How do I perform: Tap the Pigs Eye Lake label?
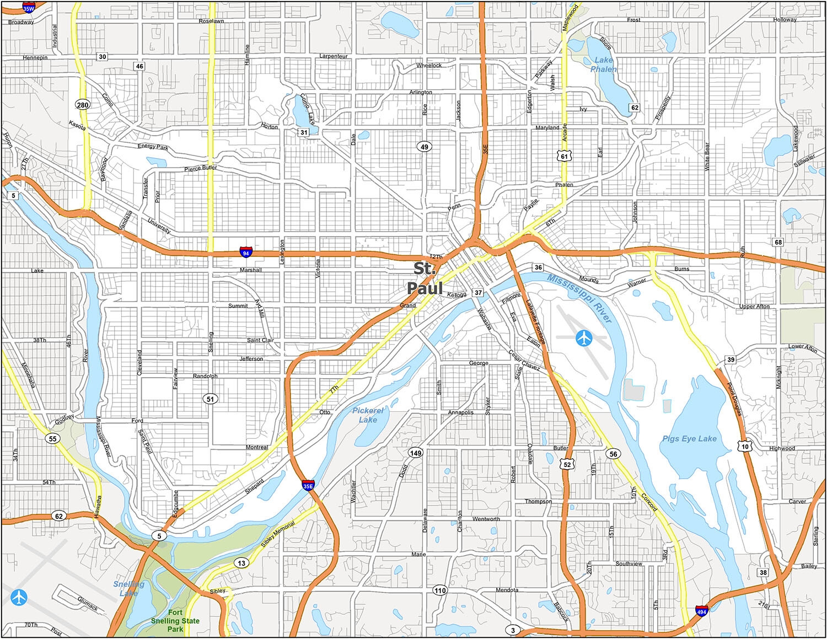[689, 438]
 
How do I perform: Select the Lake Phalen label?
[603, 65]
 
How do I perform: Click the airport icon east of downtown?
[583, 338]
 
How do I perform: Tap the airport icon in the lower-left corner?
[19, 597]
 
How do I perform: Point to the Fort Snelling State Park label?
[175, 621]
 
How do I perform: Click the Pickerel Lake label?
[368, 415]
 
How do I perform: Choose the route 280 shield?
[83, 105]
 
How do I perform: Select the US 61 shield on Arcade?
[564, 156]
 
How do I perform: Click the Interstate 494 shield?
[702, 611]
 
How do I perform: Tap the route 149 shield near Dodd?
[415, 453]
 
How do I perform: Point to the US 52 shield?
[567, 464]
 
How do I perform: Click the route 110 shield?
[439, 590]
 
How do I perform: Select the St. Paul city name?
[425, 279]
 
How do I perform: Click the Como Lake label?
[307, 109]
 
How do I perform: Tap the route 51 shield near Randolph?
[210, 399]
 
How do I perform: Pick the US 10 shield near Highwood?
[745, 446]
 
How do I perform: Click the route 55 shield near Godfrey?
[52, 439]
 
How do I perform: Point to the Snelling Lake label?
[128, 588]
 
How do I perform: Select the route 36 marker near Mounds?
[538, 267]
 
